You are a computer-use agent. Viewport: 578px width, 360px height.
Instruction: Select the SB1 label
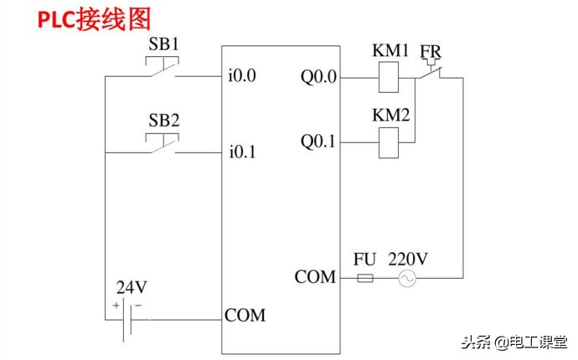[x=164, y=44]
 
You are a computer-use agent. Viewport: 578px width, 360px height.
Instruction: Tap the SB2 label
[x=164, y=120]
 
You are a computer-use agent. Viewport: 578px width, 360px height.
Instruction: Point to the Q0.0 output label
[x=318, y=77]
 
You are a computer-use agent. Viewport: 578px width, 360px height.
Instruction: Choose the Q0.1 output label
[x=318, y=142]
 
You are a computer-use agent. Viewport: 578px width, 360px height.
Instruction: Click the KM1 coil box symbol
[x=390, y=79]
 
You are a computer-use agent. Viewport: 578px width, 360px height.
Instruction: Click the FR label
[x=431, y=52]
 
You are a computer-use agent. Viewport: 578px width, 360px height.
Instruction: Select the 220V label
[x=408, y=260]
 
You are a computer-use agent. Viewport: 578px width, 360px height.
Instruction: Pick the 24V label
[x=132, y=287]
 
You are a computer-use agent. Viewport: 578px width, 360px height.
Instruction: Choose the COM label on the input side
[x=245, y=316]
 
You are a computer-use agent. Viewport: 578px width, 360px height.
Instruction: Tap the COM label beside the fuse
[x=315, y=276]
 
